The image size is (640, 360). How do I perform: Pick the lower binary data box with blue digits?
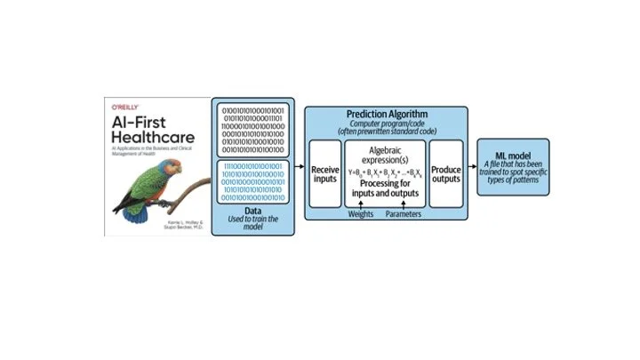(252, 182)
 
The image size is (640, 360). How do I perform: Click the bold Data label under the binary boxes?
(252, 211)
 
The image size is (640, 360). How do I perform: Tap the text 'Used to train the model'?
(252, 222)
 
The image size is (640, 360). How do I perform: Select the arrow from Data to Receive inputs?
(300, 165)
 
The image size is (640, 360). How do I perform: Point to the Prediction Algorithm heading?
(386, 114)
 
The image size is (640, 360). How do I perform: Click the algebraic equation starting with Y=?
(386, 172)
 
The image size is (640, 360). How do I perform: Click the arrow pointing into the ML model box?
(472, 166)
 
